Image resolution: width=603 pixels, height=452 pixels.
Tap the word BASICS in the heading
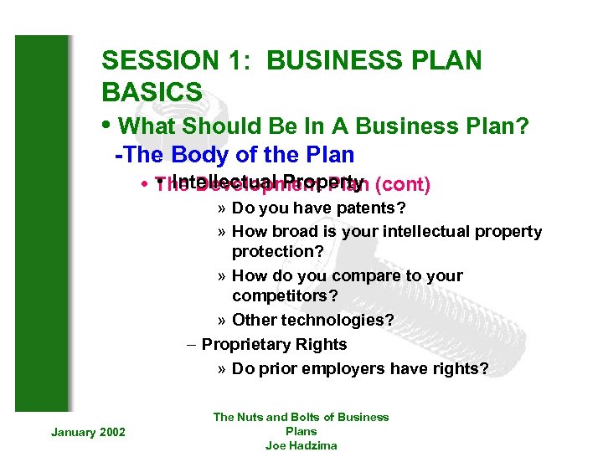click(152, 91)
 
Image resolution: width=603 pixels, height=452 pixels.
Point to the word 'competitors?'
click(286, 296)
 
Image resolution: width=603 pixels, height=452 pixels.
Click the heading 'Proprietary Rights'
click(274, 344)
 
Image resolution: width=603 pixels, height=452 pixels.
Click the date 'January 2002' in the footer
click(88, 432)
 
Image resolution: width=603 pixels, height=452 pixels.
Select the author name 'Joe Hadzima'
click(301, 445)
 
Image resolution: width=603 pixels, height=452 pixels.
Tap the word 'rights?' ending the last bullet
click(460, 368)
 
